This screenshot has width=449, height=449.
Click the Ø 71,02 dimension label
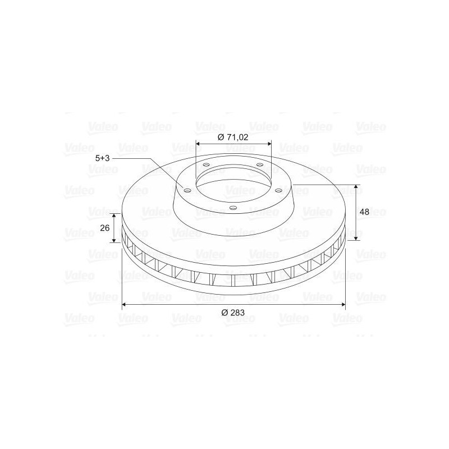[233, 137]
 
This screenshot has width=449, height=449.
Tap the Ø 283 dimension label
[233, 313]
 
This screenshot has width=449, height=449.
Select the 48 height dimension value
[364, 212]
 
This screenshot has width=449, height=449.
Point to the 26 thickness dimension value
[105, 228]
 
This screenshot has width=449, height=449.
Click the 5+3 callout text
[103, 158]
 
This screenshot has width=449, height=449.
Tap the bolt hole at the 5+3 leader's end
[187, 191]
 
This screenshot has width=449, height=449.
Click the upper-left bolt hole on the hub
[206, 165]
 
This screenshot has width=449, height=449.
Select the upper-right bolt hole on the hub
[260, 164]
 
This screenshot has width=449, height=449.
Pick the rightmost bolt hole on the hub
[278, 190]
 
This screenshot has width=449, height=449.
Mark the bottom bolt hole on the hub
[233, 208]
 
